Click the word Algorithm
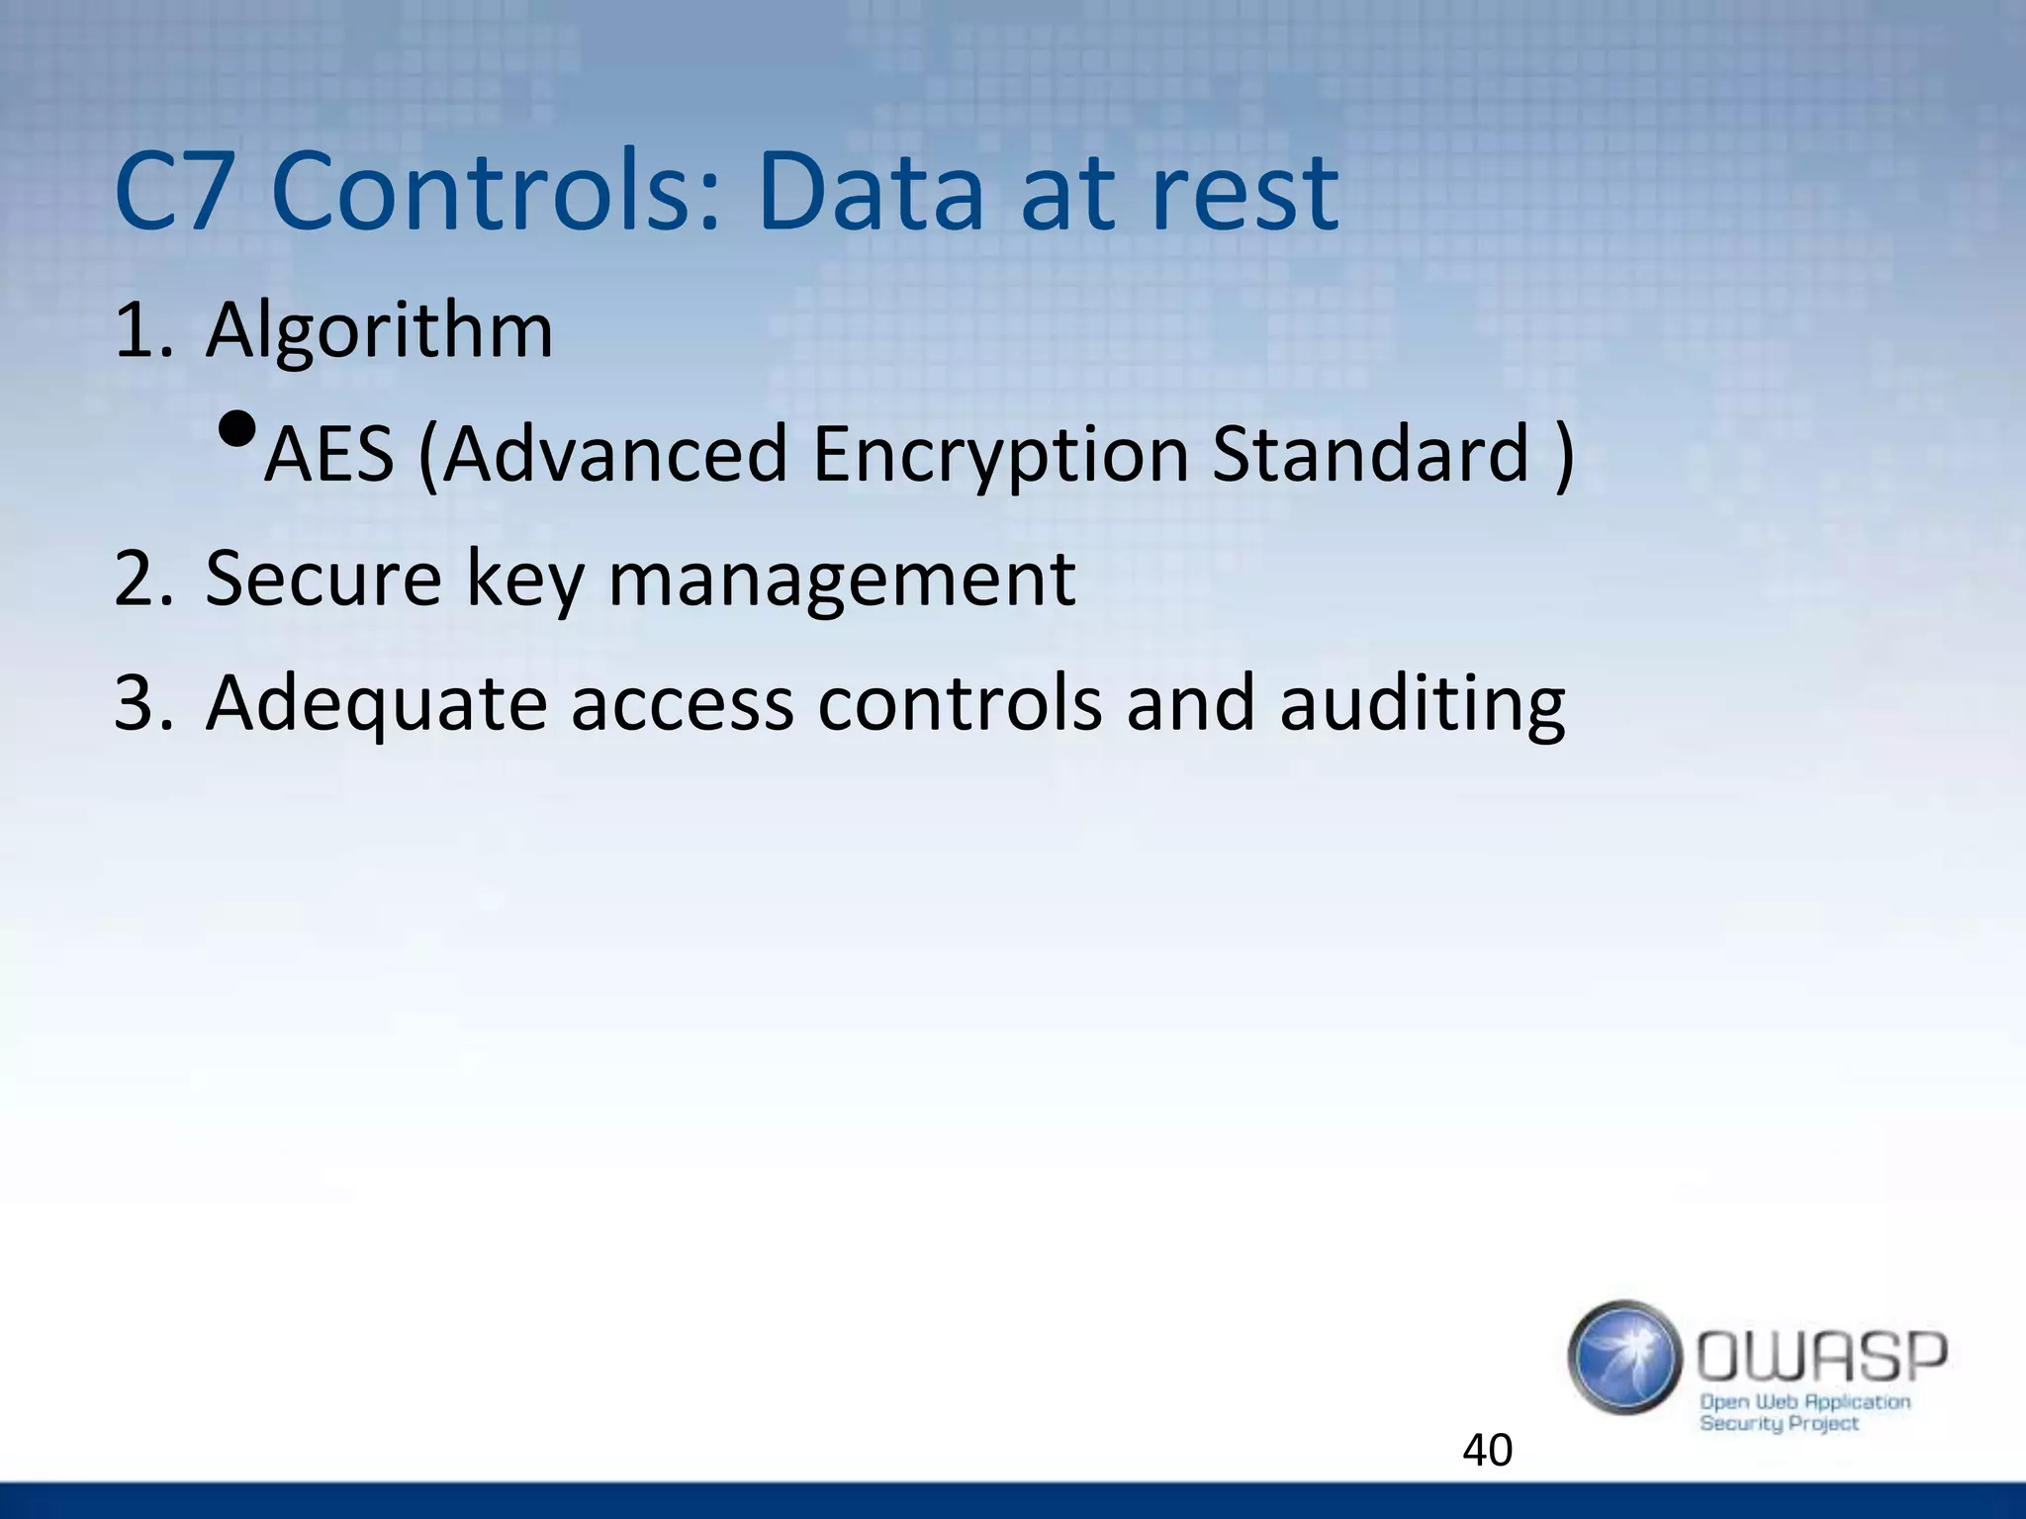tap(379, 330)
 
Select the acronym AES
tap(329, 455)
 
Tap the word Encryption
tap(1000, 455)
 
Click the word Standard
tap(1371, 455)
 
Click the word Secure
tap(322, 580)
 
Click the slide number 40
tap(1487, 1451)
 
